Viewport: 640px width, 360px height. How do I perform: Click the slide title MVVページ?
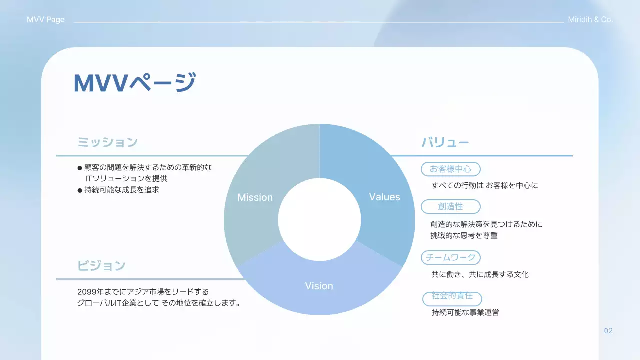(x=135, y=83)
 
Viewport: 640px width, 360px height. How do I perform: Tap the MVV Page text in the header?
(x=46, y=20)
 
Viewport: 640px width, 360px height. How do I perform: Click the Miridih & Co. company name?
(x=590, y=20)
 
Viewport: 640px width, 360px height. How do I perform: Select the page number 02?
(x=608, y=331)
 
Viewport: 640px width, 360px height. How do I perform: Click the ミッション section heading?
(x=107, y=142)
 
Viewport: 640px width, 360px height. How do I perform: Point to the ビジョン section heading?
(x=101, y=266)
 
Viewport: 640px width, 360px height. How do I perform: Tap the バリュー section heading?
(x=445, y=143)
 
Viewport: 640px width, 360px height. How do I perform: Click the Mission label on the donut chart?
(x=255, y=197)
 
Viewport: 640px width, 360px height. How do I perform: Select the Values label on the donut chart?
(x=384, y=197)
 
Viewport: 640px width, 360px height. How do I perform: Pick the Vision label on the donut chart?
(x=319, y=286)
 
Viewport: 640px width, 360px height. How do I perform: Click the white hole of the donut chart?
(x=319, y=220)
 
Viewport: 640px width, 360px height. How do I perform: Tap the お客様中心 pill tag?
(x=450, y=169)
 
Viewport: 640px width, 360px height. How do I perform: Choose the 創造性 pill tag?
(x=450, y=206)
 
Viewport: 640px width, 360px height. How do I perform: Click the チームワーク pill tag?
(x=450, y=257)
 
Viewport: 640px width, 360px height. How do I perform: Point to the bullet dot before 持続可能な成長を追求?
(x=80, y=190)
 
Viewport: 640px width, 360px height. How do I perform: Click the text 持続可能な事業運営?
(x=465, y=313)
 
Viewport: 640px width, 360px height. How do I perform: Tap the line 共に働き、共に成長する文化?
(x=480, y=274)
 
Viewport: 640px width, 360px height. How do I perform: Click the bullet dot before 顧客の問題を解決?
(x=80, y=168)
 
